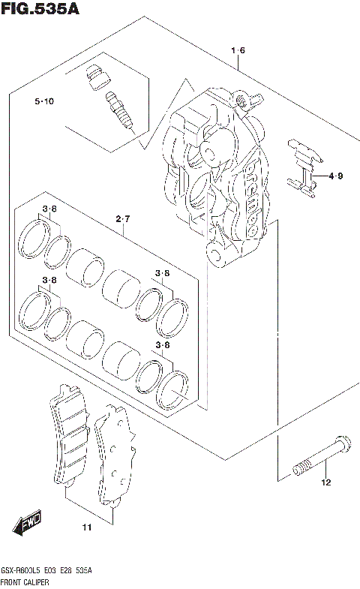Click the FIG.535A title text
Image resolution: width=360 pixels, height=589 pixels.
[x=40, y=9]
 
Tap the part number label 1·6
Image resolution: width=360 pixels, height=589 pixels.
[x=238, y=50]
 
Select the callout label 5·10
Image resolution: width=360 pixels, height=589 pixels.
[x=43, y=101]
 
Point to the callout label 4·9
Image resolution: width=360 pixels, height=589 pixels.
[x=335, y=177]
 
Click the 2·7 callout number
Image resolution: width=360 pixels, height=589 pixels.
[x=123, y=218]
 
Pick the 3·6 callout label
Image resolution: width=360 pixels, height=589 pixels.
[x=49, y=209]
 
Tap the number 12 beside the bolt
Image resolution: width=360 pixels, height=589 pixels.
[x=325, y=482]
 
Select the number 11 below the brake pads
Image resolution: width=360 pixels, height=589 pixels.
[x=86, y=528]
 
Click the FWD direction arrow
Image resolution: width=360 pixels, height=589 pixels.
[x=27, y=521]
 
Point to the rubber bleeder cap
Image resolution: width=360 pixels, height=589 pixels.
[x=95, y=77]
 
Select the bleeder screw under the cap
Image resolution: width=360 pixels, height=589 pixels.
[x=118, y=110]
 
